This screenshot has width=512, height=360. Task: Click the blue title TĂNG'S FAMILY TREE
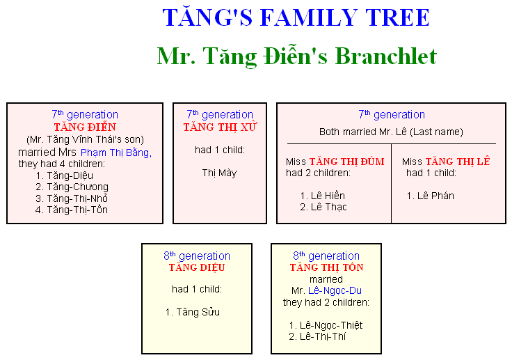pos(296,17)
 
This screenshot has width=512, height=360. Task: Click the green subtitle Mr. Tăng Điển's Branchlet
pos(297,56)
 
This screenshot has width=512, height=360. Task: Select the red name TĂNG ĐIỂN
pos(85,127)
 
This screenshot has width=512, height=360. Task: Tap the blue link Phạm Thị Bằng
pos(116,152)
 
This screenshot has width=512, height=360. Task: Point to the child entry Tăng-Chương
pos(77,187)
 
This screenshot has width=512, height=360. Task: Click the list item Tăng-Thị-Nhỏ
pos(77,198)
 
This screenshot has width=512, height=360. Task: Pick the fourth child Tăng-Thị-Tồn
pos(77,210)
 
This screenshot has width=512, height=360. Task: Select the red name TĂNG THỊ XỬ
pos(220,127)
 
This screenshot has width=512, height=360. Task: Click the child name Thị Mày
pos(219,173)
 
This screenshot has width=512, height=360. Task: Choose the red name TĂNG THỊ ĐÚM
pos(346,161)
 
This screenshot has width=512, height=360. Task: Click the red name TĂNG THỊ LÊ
pos(458,161)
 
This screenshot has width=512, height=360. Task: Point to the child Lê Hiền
pos(328,196)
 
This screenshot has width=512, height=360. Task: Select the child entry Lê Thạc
pos(328,207)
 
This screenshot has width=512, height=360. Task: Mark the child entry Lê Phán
pos(435,196)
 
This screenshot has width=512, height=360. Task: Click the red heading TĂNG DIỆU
pos(197,267)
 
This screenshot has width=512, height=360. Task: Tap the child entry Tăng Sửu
pos(198,312)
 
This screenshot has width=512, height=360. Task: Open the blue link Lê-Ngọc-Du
pos(335,290)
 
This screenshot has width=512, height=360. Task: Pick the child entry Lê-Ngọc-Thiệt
pos(331,325)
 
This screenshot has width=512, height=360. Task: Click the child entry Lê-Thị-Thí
pos(323,336)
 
